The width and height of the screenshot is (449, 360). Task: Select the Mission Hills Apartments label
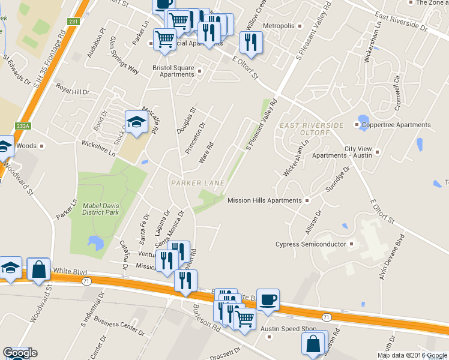(264, 200)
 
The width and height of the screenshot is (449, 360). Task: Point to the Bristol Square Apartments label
(172, 71)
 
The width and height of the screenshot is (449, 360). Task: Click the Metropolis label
(279, 26)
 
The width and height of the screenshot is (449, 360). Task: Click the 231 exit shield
(73, 22)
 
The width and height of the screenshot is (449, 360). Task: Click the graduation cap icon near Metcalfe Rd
(136, 122)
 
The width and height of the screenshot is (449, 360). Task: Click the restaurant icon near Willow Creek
(250, 43)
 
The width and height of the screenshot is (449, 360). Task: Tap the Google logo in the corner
(20, 353)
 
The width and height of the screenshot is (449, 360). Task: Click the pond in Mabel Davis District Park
(95, 242)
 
